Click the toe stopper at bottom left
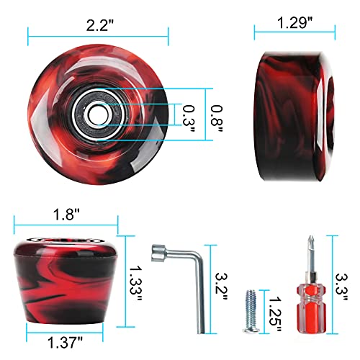66,282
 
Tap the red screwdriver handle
309,310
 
